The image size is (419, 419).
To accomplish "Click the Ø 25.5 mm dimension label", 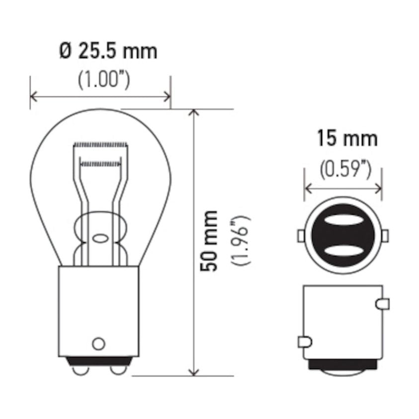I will pos(108,51).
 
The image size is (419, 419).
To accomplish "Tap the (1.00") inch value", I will pos(104,80).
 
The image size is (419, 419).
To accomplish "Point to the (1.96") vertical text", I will pos(243,241).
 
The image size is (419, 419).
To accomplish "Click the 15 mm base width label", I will pos(347,139).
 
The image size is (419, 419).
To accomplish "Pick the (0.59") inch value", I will pos(345,169).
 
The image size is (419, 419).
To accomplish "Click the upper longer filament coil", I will pos(101,145).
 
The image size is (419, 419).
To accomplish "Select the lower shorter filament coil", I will pos(100,163).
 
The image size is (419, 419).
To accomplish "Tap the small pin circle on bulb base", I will pos(99,343).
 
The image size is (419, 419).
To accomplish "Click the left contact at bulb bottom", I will pos(80,370).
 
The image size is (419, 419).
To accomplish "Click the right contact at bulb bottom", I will pos(117,370).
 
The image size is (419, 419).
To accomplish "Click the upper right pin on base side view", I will pos(383,303).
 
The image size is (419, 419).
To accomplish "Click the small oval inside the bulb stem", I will pos(100,238).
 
